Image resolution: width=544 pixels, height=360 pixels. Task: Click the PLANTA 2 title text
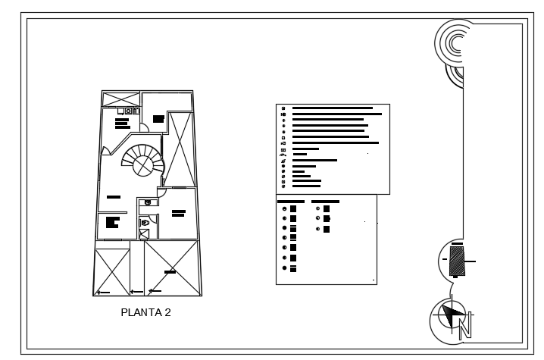coord(145,312)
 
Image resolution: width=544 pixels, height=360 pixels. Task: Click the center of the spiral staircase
coord(142,161)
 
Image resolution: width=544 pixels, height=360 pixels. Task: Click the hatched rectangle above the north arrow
coord(456,261)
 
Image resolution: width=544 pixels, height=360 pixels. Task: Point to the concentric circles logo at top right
coord(455,44)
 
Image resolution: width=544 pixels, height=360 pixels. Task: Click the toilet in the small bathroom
coord(145,222)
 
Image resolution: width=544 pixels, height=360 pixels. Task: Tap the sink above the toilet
coord(148,202)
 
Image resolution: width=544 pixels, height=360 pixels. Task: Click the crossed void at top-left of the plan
coord(121,99)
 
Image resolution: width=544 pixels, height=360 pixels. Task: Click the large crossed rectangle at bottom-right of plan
coord(172,269)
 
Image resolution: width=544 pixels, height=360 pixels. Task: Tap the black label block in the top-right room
coord(158,119)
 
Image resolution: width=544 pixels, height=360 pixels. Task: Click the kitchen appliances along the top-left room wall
coord(129,111)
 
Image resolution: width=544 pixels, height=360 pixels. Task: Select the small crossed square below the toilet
coord(145,234)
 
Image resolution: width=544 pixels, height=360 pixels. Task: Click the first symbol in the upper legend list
coord(283,108)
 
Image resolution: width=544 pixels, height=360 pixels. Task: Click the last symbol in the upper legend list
coord(283,186)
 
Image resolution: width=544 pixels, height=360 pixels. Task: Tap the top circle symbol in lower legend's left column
coord(283,208)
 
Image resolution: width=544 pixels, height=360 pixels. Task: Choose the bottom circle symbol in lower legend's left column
coord(283,268)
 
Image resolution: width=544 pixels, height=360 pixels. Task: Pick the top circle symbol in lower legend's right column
coord(317,208)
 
